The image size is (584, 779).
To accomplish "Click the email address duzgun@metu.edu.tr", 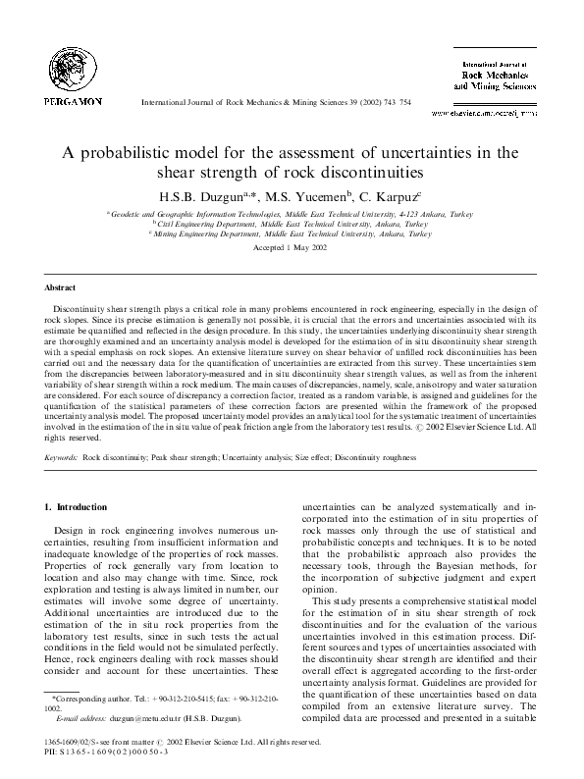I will (118, 719).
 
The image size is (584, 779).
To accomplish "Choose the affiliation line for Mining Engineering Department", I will (292, 234).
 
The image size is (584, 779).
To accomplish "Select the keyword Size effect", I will (308, 458).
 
